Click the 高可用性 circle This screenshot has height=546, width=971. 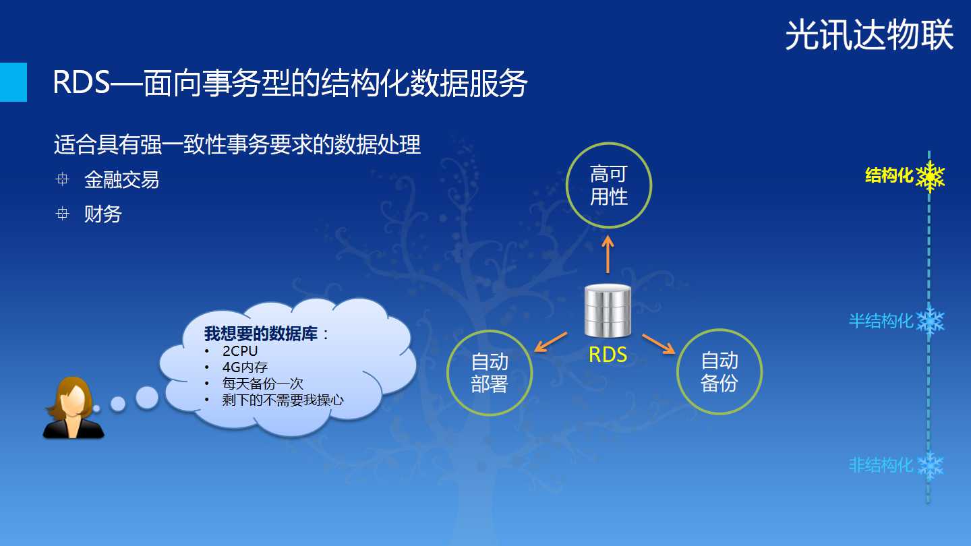coord(609,144)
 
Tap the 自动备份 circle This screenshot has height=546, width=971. coord(719,330)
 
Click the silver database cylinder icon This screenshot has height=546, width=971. coord(608,310)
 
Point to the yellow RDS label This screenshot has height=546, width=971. coord(608,355)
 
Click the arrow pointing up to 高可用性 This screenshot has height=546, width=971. coord(608,254)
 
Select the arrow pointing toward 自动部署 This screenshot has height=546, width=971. coord(550,342)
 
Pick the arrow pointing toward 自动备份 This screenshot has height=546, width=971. coord(658,344)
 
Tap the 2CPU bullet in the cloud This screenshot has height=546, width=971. coord(240,351)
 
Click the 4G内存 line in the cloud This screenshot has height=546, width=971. coord(245,367)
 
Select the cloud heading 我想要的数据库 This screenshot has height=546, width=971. coord(261,334)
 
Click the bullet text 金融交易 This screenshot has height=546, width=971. coord(122,179)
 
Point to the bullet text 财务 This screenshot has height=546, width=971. coord(102,214)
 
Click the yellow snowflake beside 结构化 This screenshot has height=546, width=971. coord(930,177)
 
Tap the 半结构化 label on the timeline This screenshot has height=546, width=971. coord(881,321)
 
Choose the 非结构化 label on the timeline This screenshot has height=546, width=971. coord(881,465)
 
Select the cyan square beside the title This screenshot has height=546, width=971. coord(13,82)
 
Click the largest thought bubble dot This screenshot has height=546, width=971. coord(147,398)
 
